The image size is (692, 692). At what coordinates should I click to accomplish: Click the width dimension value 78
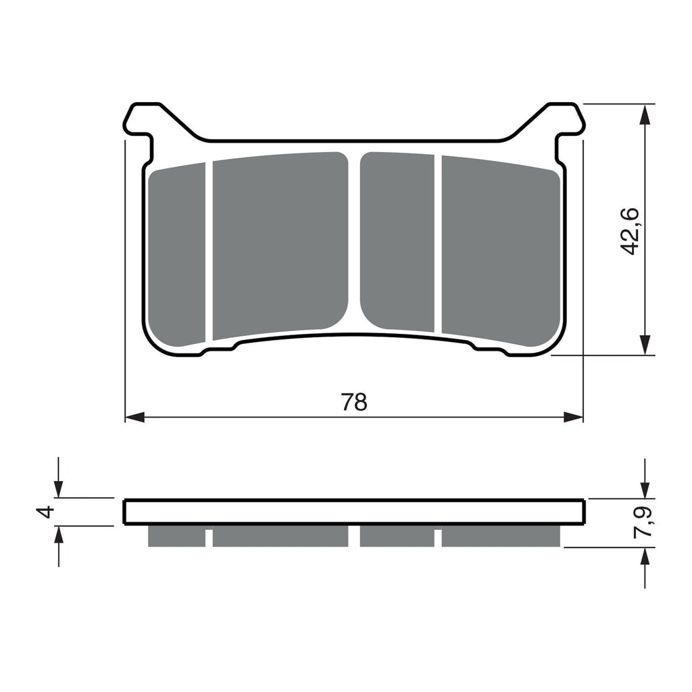353,401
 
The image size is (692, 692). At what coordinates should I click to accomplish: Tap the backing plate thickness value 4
45,512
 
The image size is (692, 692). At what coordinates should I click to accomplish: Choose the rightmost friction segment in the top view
500,250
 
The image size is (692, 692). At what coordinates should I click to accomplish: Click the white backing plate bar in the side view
353,512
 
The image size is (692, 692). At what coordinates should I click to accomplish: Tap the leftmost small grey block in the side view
176,536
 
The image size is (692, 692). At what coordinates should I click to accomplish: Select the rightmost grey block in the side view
500,536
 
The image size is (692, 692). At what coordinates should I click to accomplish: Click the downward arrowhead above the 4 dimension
59,489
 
